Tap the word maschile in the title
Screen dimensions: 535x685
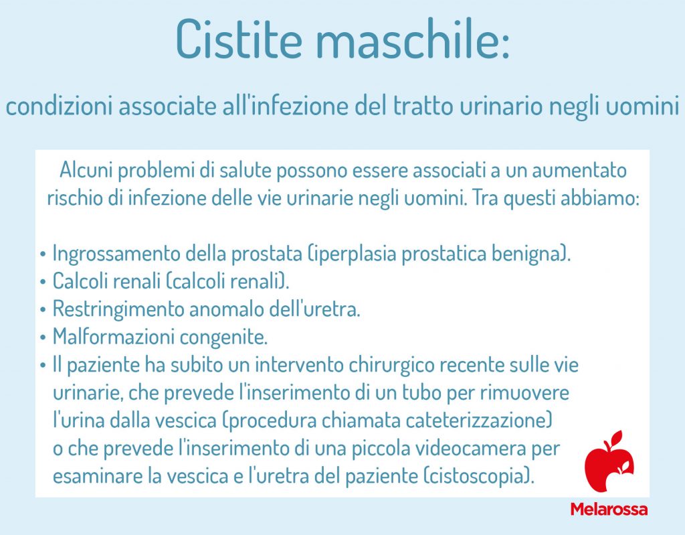[417, 39]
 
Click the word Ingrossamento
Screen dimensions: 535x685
[118, 255]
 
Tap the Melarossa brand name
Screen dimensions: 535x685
[609, 509]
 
